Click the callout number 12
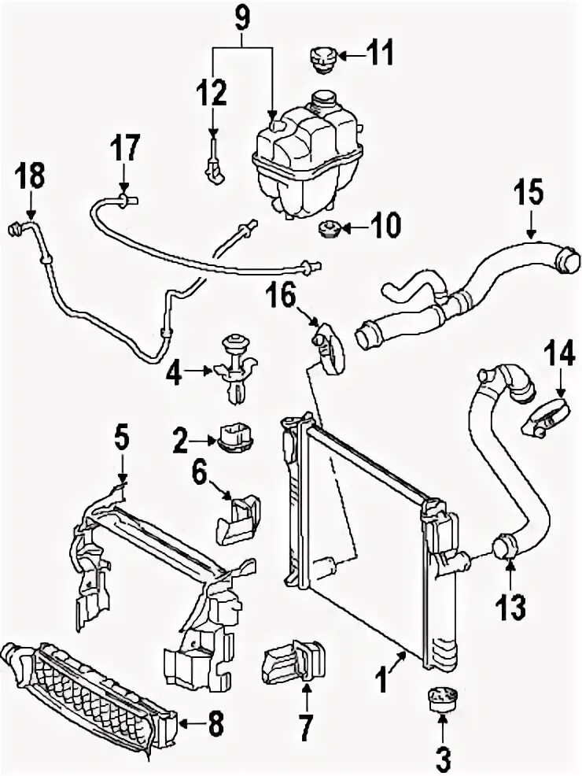[x=212, y=94]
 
